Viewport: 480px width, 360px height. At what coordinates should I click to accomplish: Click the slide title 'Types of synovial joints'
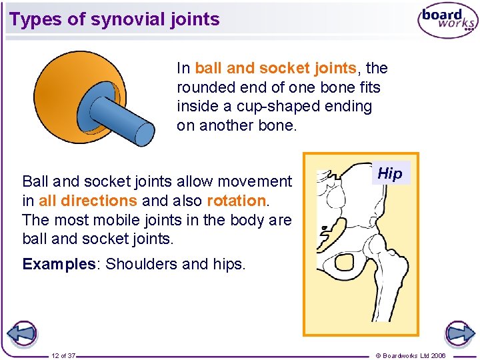[115, 19]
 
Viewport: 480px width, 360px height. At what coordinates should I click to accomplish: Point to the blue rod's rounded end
[145, 132]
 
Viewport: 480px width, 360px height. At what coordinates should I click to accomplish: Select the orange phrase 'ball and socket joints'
[275, 68]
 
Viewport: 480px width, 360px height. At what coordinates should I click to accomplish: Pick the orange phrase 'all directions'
[88, 201]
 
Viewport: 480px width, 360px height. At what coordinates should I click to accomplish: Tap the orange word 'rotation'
[236, 201]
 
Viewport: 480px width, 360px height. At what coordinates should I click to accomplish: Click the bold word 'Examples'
[59, 264]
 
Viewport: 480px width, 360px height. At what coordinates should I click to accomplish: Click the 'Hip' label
[390, 174]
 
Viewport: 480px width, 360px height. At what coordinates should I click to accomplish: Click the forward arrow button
[459, 333]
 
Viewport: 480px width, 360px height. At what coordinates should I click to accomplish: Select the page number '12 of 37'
[63, 356]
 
